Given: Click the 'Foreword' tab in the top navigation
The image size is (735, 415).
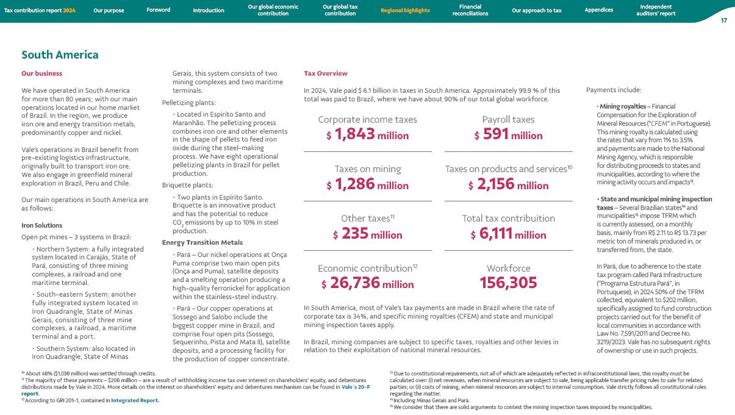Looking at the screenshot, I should (x=158, y=10).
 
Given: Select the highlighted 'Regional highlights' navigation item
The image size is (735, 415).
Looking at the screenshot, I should (x=405, y=10).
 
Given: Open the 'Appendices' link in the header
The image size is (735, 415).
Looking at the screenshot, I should (x=598, y=10).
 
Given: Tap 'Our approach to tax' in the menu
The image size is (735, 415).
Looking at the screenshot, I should (x=536, y=10).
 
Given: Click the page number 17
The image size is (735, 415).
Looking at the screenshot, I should (x=723, y=21).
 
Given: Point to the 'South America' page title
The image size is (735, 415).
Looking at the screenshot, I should (x=60, y=55).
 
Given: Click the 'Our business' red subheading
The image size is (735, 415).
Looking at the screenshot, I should (x=41, y=74).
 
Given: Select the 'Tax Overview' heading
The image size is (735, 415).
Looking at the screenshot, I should (x=326, y=74).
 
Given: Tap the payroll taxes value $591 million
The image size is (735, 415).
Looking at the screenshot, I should (x=508, y=135).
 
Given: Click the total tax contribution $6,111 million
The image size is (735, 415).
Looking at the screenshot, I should (x=508, y=234).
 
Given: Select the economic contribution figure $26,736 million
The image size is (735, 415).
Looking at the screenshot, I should (x=368, y=284).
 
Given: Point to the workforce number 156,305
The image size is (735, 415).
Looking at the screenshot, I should (x=508, y=283).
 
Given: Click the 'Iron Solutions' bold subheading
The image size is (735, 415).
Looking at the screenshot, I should (x=41, y=225).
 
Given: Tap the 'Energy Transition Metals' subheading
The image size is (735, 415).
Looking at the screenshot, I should (x=198, y=242).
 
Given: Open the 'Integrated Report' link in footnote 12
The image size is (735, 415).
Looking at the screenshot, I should (x=134, y=400).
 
